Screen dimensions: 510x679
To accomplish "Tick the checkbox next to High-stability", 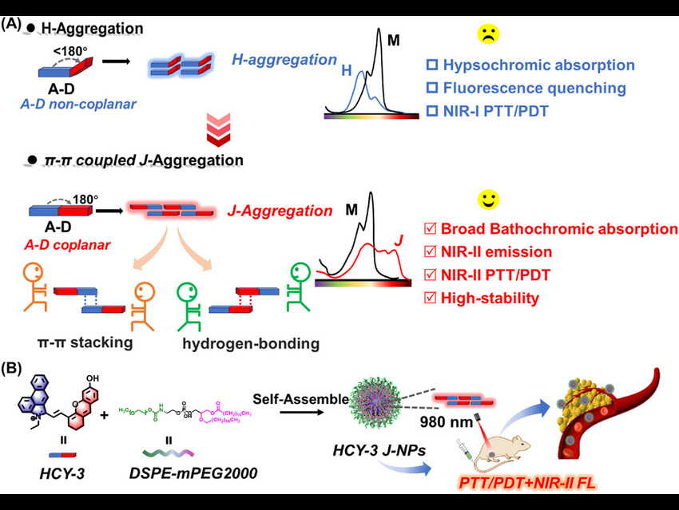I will tap(431, 299).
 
